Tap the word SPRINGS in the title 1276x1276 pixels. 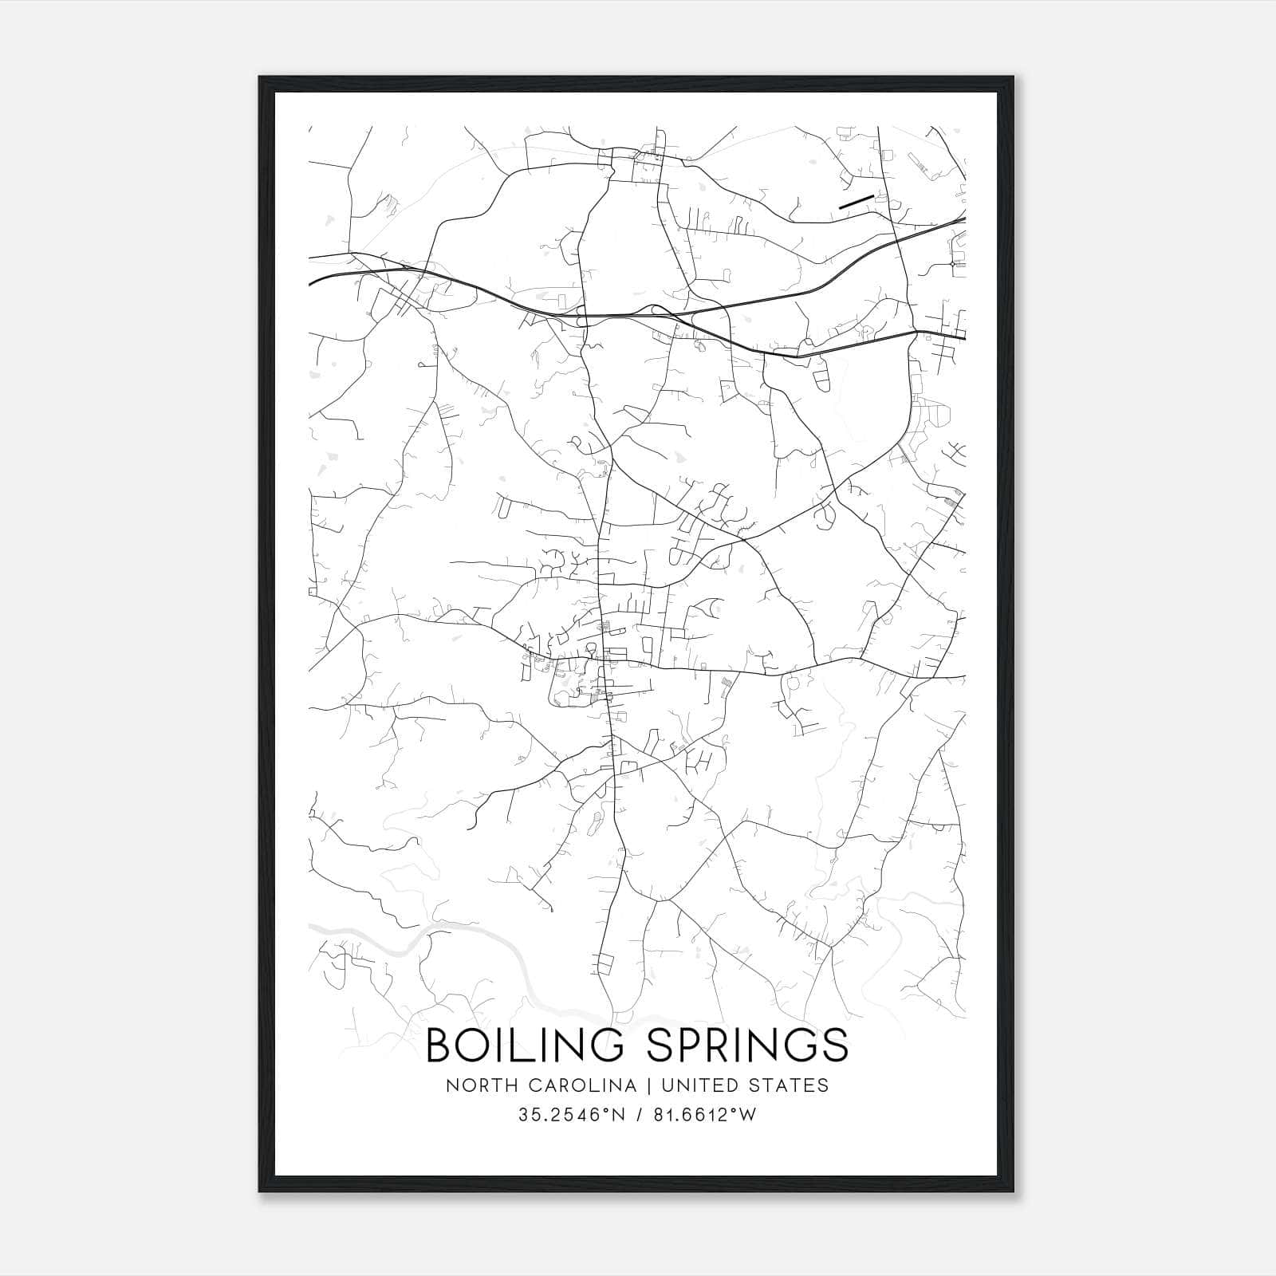coord(746,1046)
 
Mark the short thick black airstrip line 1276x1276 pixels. coord(856,201)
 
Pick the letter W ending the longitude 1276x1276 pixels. coord(748,1115)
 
